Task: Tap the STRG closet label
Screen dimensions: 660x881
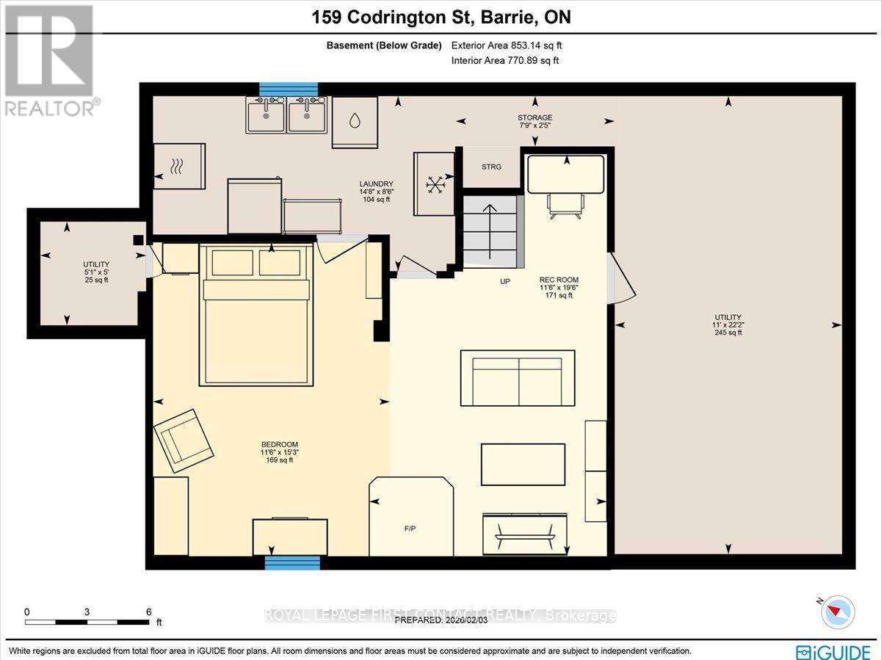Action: click(x=491, y=167)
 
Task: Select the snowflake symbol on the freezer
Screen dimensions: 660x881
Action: click(x=436, y=184)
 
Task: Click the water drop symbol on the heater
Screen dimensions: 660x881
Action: click(x=355, y=120)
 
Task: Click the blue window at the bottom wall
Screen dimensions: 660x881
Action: click(x=291, y=562)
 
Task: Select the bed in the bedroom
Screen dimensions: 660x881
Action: click(x=256, y=316)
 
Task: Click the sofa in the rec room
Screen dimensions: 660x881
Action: click(x=518, y=379)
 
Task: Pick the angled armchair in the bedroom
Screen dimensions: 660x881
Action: click(x=184, y=440)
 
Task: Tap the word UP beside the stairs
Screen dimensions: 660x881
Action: click(x=505, y=281)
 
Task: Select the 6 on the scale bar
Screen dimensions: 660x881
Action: click(x=149, y=612)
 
